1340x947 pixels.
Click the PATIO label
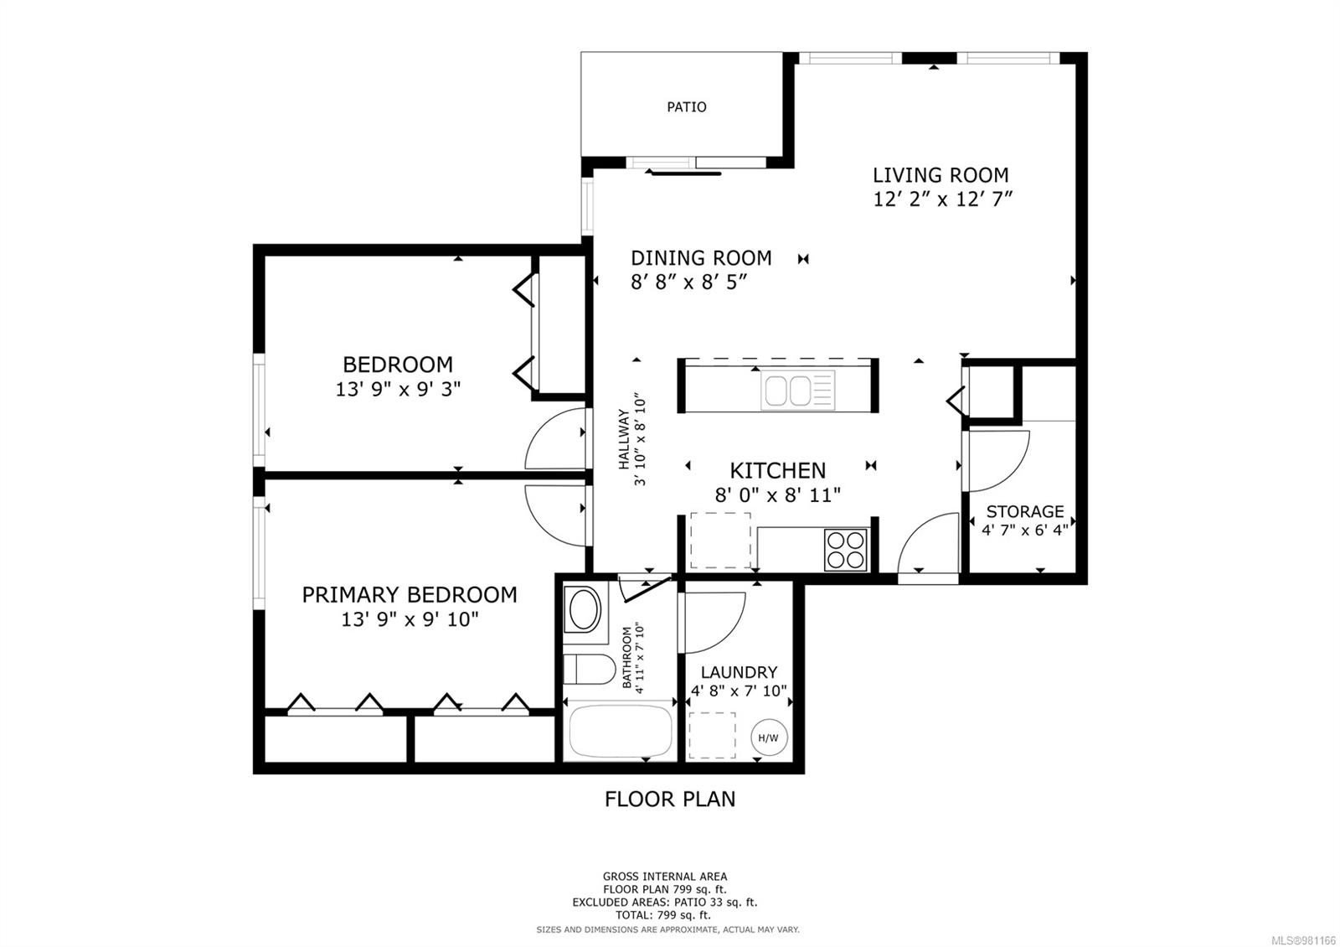point(686,107)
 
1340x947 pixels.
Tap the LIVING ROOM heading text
point(941,175)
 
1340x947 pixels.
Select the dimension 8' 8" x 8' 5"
point(688,282)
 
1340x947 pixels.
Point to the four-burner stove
point(845,550)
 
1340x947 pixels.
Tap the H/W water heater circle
point(768,737)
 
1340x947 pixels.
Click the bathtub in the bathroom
point(621,730)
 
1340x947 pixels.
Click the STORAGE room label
point(1024,511)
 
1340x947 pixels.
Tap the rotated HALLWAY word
point(624,439)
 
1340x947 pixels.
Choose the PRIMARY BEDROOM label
point(409,595)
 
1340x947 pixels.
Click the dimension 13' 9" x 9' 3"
point(398,389)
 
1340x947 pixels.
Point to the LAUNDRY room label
point(739,672)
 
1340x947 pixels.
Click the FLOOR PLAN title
point(670,799)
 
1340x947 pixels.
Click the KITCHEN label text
point(777,470)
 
